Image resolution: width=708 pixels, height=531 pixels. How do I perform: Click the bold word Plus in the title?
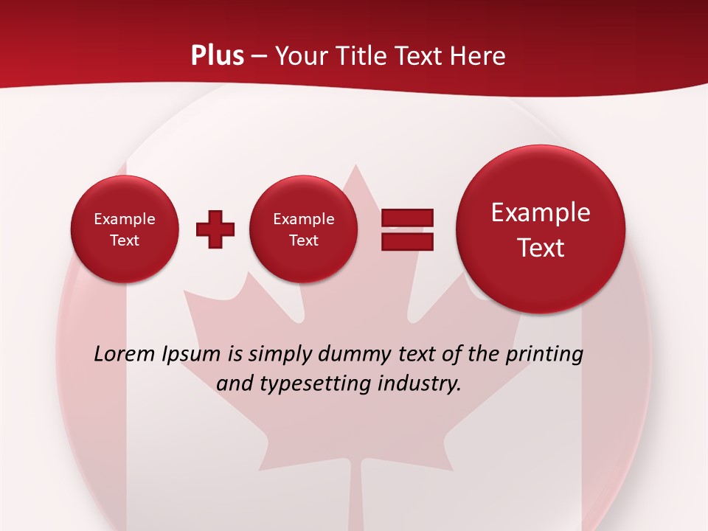(x=218, y=55)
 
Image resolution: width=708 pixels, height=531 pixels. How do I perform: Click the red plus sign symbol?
(x=215, y=229)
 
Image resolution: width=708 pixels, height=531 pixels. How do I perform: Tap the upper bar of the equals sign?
(x=407, y=218)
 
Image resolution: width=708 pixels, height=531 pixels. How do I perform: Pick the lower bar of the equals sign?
(x=407, y=241)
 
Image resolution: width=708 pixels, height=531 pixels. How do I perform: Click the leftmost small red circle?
(x=125, y=229)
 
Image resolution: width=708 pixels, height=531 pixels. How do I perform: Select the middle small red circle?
(x=304, y=229)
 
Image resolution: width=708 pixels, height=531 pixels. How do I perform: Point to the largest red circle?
(x=541, y=229)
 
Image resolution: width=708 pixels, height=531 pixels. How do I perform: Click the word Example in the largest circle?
(x=541, y=212)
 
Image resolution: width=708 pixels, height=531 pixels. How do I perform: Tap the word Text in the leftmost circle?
(x=125, y=240)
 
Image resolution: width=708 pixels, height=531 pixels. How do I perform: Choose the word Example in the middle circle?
(x=304, y=219)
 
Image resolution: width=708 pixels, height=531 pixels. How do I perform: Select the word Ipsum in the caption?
(x=191, y=354)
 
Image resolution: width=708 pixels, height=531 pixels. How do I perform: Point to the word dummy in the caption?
(x=353, y=354)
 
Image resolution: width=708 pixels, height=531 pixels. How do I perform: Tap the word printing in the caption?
(x=544, y=354)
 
